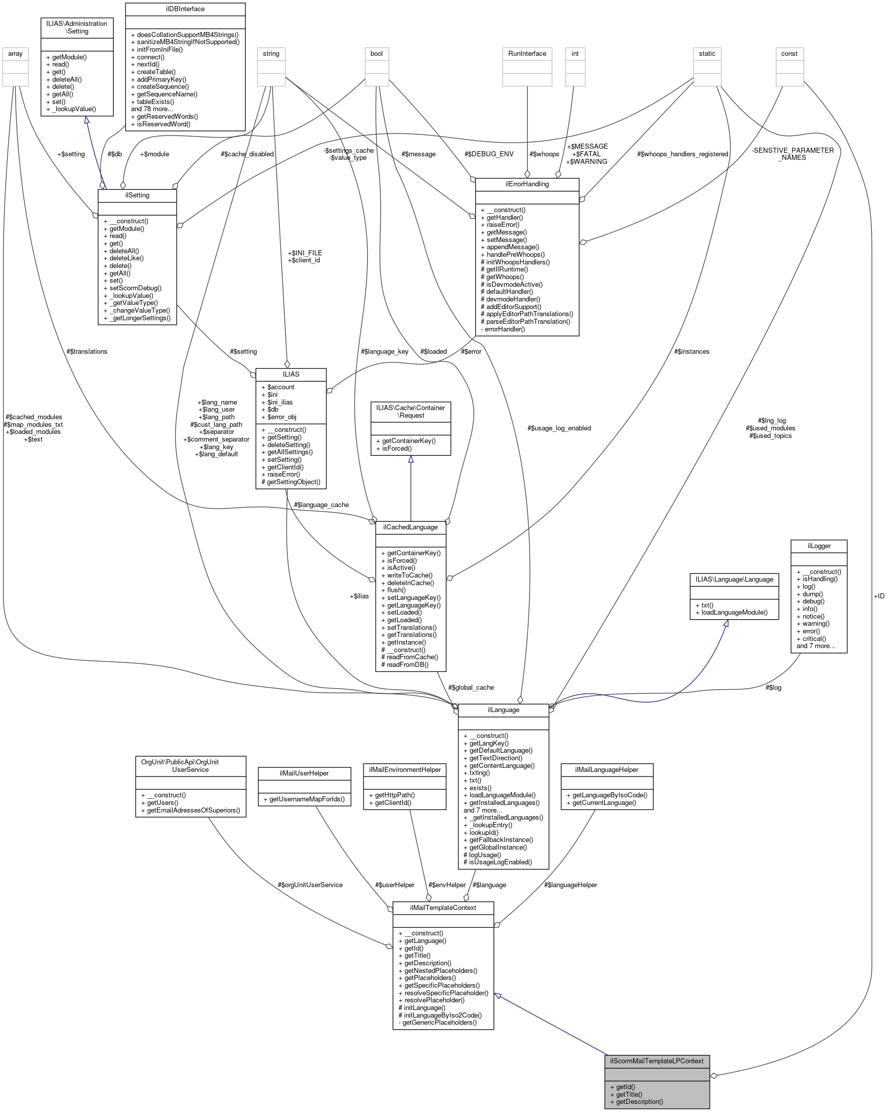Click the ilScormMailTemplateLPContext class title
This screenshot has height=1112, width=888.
pos(656,1061)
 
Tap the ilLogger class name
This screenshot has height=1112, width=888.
pos(819,546)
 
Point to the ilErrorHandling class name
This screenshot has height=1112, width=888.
pos(527,184)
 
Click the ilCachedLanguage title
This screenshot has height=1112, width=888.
pos(410,527)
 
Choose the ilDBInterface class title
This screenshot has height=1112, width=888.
pos(185,9)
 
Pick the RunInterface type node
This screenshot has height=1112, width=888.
pos(527,54)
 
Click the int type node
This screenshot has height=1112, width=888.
pos(575,54)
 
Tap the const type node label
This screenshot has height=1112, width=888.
pos(789,54)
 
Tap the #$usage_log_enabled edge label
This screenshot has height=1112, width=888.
pos(559,428)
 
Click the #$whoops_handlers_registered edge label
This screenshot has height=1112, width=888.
pos(682,154)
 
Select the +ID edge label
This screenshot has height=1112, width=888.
pos(879,596)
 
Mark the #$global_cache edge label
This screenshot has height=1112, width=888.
pos(471,688)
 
